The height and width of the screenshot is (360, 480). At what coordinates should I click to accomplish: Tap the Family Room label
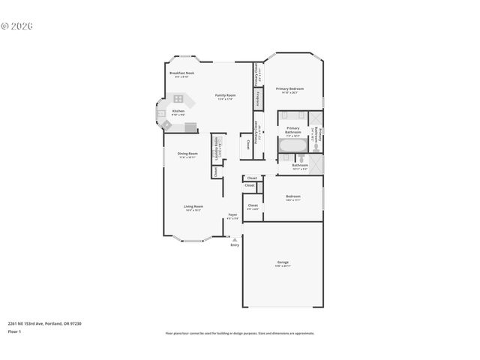225,96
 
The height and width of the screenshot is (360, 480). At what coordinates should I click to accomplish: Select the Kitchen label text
178,112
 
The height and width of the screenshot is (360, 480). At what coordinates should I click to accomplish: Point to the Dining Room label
187,154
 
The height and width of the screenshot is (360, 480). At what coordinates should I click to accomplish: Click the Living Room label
193,207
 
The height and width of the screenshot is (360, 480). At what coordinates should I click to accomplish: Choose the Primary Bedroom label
289,89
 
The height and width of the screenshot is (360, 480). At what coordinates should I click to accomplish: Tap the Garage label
282,262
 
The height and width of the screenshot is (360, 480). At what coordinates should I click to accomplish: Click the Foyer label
232,216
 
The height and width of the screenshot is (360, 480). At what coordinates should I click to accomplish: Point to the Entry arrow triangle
235,240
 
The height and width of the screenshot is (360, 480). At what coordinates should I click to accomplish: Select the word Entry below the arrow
235,245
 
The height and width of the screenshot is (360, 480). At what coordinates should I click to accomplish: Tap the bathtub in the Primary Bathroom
292,145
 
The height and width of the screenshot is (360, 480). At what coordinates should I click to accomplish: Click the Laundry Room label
216,145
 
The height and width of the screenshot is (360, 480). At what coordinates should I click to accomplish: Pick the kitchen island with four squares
179,98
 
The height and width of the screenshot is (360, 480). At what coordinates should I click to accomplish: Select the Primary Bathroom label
292,130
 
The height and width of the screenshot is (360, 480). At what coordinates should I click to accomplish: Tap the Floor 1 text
14,331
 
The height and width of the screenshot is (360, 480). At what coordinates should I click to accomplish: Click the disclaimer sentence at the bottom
239,333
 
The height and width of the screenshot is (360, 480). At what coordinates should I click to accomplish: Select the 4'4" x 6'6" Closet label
253,206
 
